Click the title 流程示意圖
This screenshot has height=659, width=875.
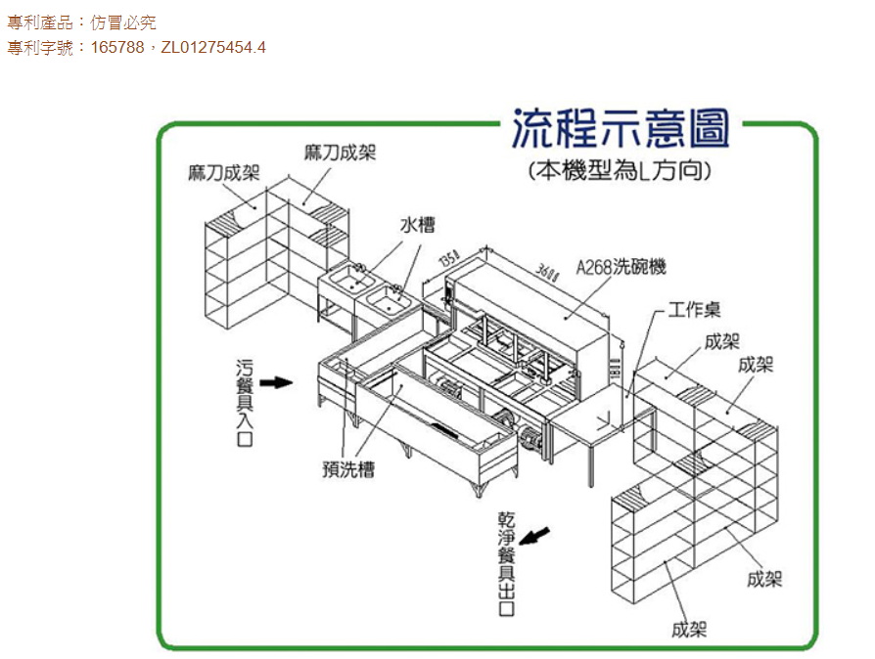621,129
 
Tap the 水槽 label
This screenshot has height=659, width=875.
417,225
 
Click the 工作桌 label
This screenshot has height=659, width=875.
695,310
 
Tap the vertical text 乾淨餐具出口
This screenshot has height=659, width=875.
506,562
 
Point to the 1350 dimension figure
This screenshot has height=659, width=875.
447,261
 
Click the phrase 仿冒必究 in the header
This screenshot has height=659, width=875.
123,22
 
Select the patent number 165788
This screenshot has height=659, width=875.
117,47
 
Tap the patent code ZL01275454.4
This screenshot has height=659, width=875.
213,47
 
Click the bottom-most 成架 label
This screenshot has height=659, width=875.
689,629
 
